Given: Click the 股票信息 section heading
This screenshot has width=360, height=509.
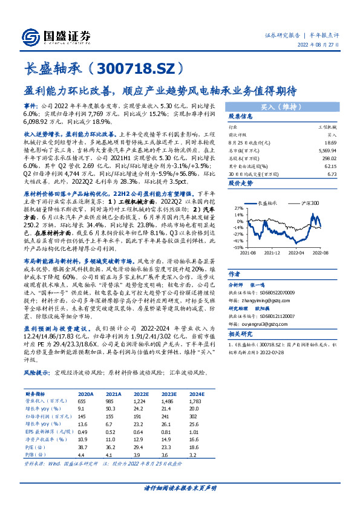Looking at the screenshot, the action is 239,117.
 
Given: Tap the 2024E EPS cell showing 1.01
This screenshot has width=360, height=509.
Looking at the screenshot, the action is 193,430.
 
